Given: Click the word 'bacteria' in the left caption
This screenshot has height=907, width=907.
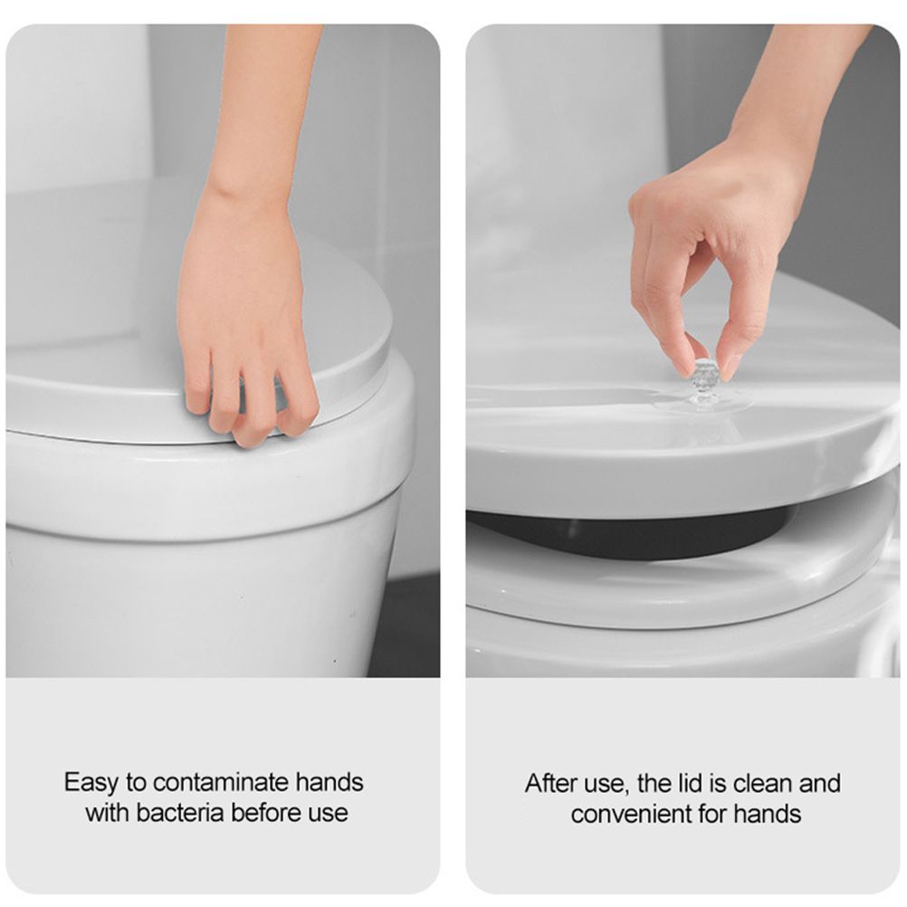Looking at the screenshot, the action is (180, 813).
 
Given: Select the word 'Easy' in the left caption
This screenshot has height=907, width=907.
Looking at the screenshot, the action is (92, 783).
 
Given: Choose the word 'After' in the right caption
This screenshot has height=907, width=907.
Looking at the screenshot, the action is (552, 784).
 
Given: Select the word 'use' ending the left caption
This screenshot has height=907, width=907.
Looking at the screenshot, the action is (329, 814).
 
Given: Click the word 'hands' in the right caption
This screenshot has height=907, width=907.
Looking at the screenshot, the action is (767, 814).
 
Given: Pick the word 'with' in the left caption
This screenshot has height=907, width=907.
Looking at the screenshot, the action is (108, 813).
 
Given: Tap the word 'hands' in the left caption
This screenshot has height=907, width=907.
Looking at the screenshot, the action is (329, 782).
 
